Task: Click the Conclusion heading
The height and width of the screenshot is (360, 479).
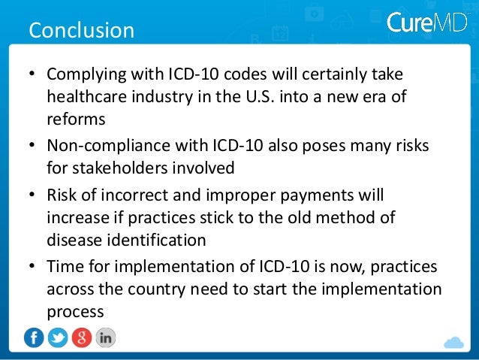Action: (x=81, y=31)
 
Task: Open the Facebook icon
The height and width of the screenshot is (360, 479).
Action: (x=34, y=337)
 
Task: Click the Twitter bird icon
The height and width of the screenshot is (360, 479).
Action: (x=58, y=337)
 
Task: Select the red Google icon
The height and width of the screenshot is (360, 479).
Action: (x=81, y=337)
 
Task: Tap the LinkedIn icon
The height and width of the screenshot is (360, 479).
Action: (x=105, y=337)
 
